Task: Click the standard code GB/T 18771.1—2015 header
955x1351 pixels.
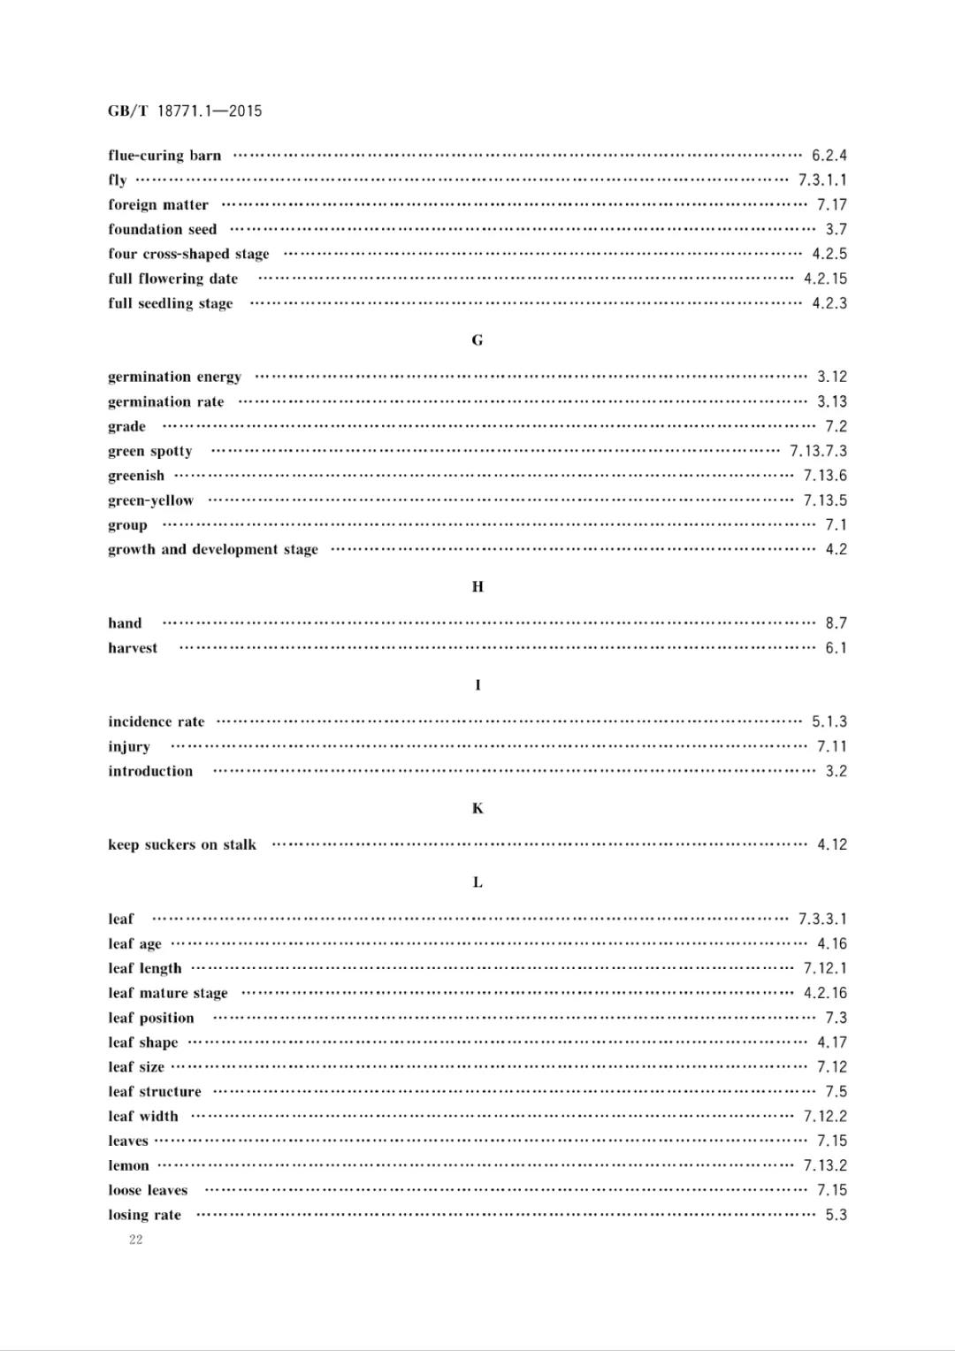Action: [185, 111]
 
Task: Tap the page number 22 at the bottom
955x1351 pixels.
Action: [135, 1240]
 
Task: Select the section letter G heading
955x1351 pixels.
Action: [477, 340]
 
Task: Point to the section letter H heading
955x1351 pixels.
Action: [477, 587]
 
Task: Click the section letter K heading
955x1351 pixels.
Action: [477, 809]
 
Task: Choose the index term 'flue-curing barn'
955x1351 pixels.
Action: [164, 156]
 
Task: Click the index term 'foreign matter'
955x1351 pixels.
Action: [158, 205]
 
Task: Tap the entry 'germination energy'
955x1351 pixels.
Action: [174, 377]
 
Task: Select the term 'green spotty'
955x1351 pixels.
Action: [149, 451]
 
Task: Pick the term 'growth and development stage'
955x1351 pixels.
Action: [212, 550]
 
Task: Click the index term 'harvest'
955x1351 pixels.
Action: [133, 648]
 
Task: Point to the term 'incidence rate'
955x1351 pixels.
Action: [156, 722]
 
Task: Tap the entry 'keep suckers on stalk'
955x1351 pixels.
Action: [182, 845]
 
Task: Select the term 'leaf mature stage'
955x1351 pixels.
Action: [168, 994]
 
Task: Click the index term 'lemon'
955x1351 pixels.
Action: [128, 1166]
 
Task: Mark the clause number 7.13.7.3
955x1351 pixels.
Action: [818, 451]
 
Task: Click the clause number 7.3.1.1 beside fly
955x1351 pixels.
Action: [822, 180]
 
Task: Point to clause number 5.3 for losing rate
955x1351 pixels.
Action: [836, 1215]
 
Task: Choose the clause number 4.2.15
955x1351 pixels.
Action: [825, 279]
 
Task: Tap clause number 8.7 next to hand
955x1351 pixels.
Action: [836, 623]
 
